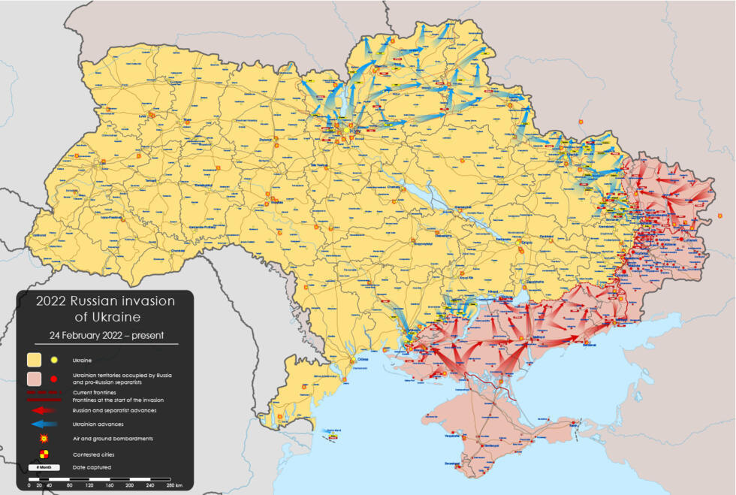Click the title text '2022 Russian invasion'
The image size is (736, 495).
[105, 301]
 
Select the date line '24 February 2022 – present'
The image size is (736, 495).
[105, 335]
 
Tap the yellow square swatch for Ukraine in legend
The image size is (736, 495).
[35, 361]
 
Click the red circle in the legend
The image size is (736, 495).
[54, 379]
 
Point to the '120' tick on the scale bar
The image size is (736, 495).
[89, 486]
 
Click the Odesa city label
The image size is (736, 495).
[363, 360]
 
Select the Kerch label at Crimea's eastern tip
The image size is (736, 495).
[575, 423]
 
